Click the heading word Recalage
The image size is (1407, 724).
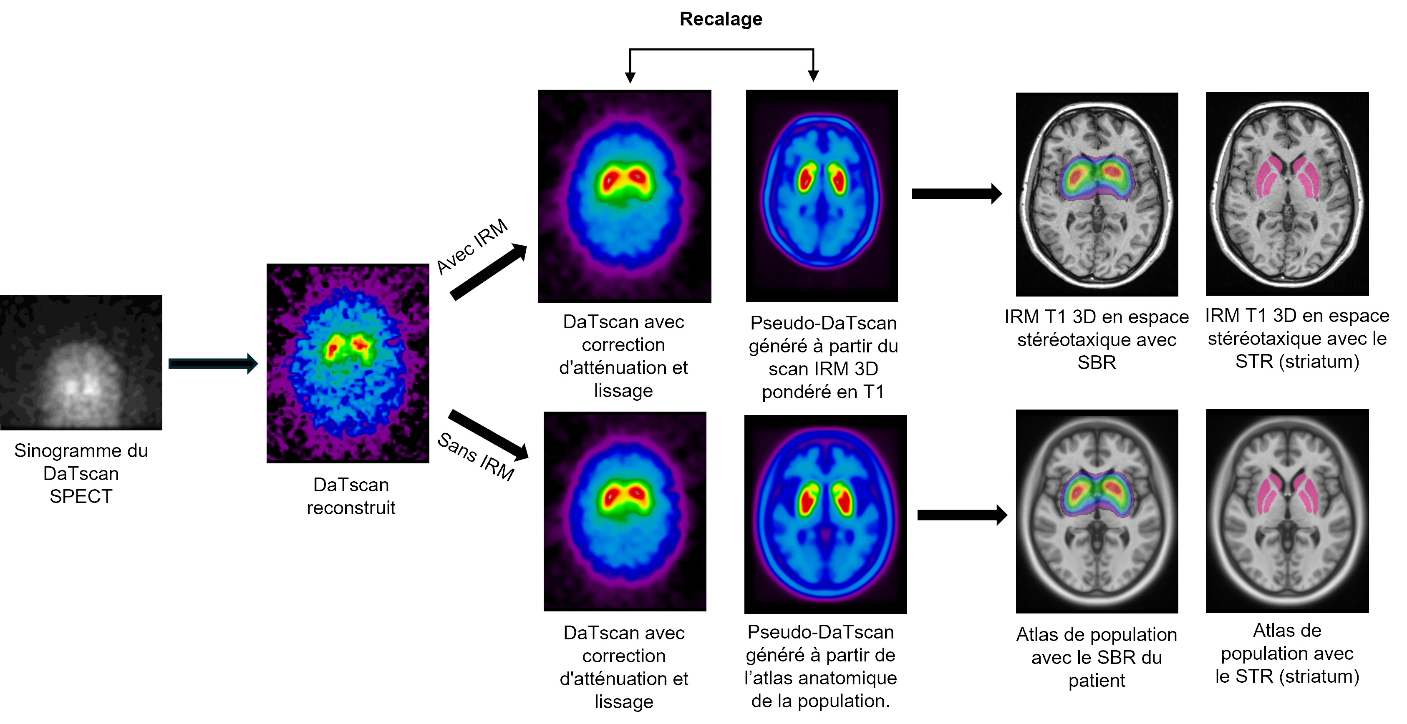(721, 19)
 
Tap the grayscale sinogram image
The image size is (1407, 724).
(81, 362)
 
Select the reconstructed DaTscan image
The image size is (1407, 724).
(348, 363)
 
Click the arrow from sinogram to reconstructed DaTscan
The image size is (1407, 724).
(213, 364)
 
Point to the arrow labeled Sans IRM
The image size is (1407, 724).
(488, 435)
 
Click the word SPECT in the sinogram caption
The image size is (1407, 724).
(81, 496)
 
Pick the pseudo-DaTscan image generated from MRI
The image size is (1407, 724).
(822, 196)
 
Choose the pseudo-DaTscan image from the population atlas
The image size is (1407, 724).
(825, 514)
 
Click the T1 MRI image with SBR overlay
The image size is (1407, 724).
(1097, 194)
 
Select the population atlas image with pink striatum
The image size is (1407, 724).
(1287, 511)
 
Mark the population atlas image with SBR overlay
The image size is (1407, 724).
(1097, 511)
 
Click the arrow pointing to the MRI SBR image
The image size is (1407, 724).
(957, 193)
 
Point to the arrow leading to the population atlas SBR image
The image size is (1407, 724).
(962, 515)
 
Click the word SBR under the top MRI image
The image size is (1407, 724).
(1097, 362)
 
